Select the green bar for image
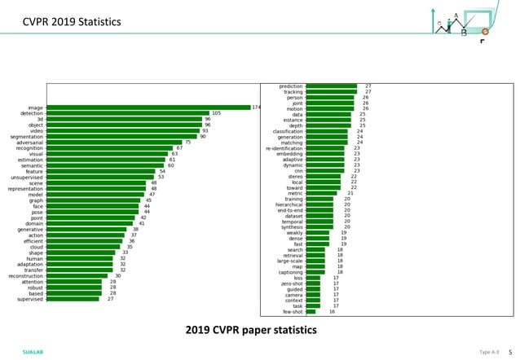(x=148, y=108)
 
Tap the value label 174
(x=256, y=108)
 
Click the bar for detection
(x=127, y=113)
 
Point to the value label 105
(x=216, y=113)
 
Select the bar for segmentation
(x=121, y=137)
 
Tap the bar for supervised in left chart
(x=73, y=299)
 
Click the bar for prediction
(x=331, y=86)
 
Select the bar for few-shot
(x=311, y=312)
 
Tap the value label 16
(x=332, y=312)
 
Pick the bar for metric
(x=320, y=193)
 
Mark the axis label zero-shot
(x=290, y=283)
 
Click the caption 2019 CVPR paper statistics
(x=250, y=330)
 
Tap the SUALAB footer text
(x=33, y=352)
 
